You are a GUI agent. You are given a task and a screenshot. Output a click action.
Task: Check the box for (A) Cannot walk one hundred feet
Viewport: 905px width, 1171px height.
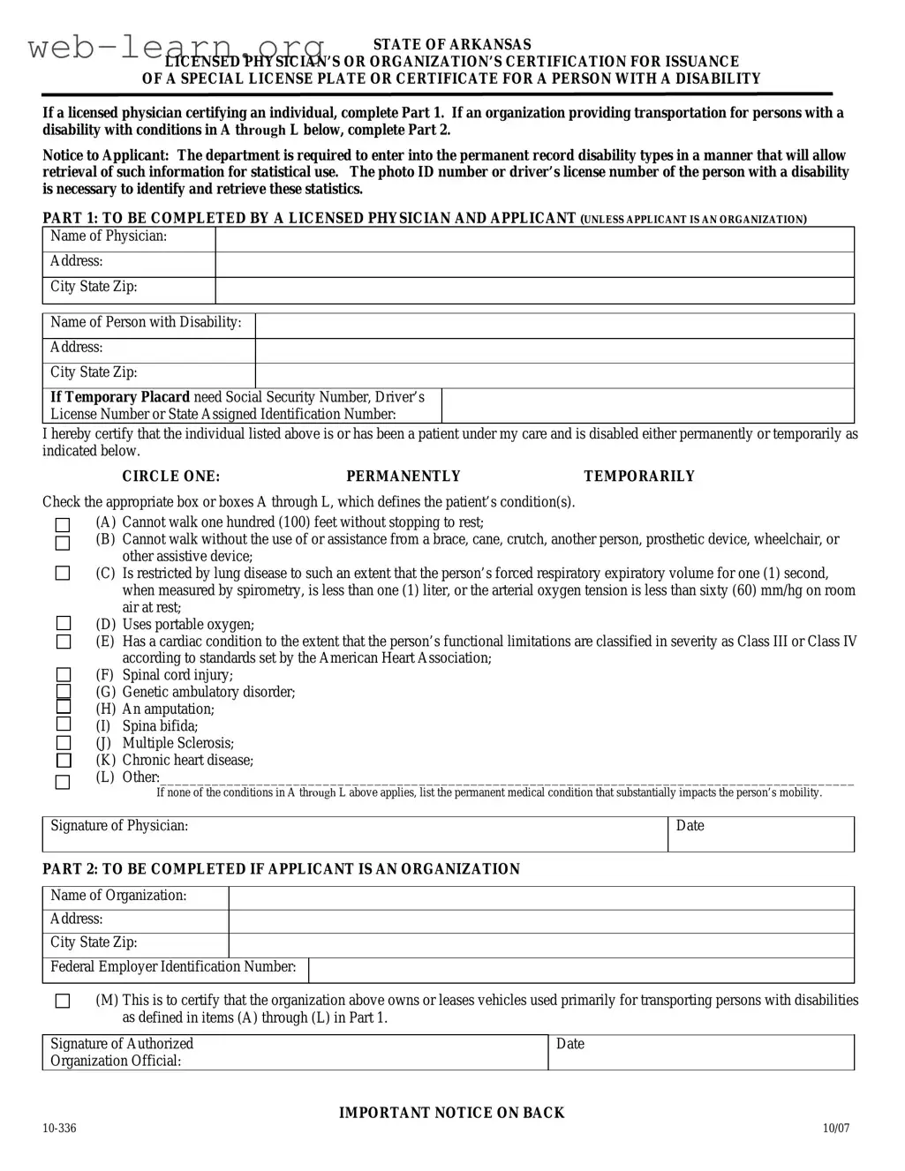tap(63, 525)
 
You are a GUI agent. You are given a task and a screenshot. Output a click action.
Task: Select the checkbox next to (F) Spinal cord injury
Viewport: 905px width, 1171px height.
tap(63, 676)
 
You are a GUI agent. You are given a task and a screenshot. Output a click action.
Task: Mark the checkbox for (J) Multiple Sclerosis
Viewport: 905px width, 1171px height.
tap(63, 744)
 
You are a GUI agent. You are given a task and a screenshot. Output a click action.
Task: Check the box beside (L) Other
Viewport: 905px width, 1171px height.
tap(63, 783)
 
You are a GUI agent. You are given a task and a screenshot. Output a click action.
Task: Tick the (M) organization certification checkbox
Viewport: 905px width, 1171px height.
tap(63, 1001)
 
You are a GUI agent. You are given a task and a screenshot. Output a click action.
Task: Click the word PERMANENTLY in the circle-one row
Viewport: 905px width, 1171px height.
tap(403, 477)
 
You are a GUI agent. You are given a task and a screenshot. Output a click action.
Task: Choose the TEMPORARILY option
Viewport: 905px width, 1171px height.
tap(639, 477)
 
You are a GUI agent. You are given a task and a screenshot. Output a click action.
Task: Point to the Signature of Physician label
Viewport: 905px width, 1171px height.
tap(119, 826)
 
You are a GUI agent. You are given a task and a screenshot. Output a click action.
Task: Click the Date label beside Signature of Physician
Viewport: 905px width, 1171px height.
tap(690, 826)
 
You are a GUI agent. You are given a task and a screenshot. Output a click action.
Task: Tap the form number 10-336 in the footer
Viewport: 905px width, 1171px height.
tap(59, 1128)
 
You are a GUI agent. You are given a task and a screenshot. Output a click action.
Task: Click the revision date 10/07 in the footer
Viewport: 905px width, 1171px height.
tap(835, 1128)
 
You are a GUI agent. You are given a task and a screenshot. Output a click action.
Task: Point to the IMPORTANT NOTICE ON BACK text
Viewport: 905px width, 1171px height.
tap(452, 1113)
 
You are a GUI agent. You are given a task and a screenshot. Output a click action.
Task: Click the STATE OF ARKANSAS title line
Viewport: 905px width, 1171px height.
tap(452, 45)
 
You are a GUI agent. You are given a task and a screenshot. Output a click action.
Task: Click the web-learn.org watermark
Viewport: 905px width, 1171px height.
tap(177, 48)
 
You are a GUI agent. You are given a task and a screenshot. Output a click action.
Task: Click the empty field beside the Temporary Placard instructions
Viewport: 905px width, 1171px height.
tap(647, 406)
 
